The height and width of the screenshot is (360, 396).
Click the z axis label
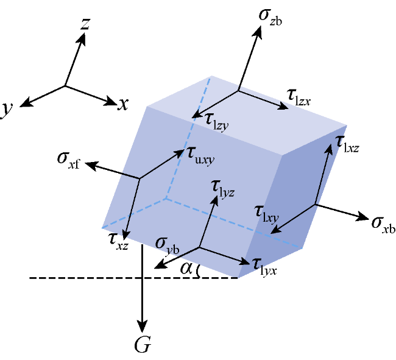tap(85, 24)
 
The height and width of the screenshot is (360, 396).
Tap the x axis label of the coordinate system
tap(123, 104)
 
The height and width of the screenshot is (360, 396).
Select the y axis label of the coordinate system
tap(6, 110)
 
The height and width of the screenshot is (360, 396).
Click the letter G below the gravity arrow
tap(143, 345)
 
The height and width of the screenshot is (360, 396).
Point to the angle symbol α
tap(186, 269)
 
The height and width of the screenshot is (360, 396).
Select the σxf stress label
tap(68, 161)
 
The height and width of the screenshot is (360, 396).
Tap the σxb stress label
tap(383, 225)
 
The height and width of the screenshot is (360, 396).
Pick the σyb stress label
tap(167, 246)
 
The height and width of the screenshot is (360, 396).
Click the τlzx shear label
tap(299, 98)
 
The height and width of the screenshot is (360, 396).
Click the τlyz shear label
tap(224, 189)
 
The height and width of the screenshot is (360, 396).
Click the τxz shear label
tap(118, 242)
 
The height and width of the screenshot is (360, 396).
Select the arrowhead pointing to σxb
tap(361, 217)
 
